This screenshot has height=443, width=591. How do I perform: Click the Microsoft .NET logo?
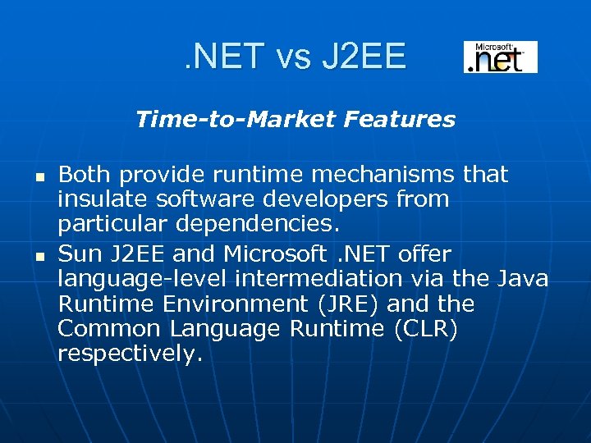click(500, 57)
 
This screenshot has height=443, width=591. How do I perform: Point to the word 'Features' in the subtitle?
click(400, 120)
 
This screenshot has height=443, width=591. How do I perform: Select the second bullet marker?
click(39, 257)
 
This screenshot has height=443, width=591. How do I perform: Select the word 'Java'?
click(523, 278)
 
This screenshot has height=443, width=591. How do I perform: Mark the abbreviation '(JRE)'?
click(341, 304)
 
